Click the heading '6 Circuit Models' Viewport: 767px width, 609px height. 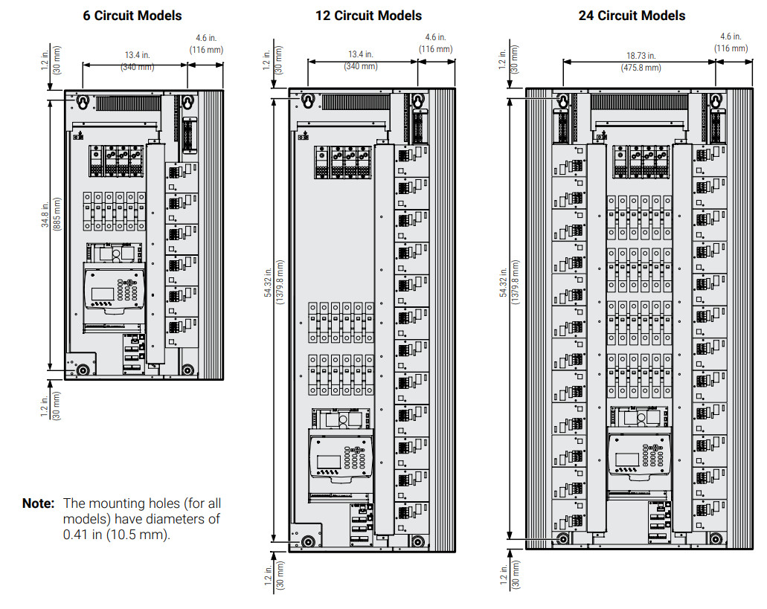point(132,16)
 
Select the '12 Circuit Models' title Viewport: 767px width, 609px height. point(368,16)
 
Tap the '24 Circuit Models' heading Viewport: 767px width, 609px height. point(632,16)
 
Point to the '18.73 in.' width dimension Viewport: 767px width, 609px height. point(640,55)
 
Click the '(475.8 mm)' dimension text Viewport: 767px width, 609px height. point(640,68)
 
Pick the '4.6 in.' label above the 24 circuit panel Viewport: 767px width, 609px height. point(731,36)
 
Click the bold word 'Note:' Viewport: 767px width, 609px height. point(38,503)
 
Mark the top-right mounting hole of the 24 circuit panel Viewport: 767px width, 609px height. point(716,100)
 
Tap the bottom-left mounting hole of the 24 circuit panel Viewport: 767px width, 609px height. point(562,538)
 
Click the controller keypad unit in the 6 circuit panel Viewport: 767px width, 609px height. point(112,290)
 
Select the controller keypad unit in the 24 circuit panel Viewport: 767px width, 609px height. point(639,453)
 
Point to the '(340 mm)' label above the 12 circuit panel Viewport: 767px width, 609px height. point(362,67)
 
